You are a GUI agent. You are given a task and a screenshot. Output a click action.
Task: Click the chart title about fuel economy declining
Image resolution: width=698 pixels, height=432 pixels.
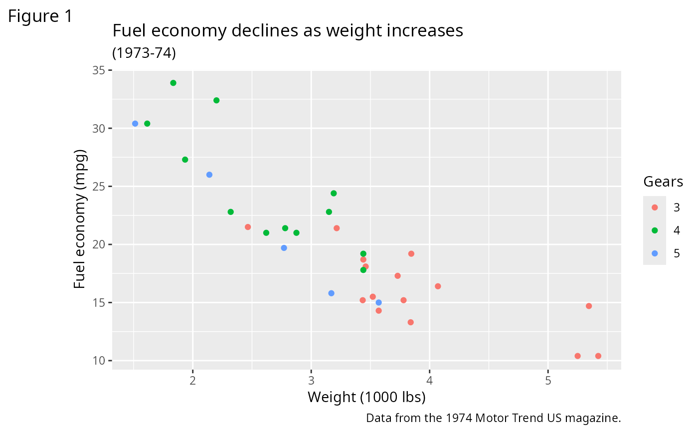pos(288,31)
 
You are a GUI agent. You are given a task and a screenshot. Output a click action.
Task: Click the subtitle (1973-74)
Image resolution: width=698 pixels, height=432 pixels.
pos(144,53)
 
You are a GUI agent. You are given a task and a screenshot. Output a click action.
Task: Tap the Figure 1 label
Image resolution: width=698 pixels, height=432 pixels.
pos(40,16)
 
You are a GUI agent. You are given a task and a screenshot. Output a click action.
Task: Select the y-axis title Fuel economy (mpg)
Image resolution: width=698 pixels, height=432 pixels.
pos(80,219)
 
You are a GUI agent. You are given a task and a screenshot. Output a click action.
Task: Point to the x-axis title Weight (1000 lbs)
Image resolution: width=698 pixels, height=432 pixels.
pos(366,397)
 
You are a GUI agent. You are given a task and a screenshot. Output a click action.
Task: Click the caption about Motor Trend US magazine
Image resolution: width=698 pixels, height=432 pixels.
pos(493,418)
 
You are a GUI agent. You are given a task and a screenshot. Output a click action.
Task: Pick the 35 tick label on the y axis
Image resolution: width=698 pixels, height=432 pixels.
pos(101,70)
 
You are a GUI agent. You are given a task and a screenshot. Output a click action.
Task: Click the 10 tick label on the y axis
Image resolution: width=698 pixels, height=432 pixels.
pos(101,361)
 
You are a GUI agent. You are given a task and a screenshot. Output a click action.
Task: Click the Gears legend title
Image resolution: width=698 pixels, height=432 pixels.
pos(663,182)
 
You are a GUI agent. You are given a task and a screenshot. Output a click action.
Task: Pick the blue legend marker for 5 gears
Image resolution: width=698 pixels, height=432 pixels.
pos(655,253)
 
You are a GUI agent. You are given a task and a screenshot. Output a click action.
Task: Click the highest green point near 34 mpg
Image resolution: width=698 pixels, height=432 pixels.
pos(173,83)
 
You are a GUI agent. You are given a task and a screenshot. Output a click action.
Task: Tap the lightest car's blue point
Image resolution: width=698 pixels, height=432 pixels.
pos(135,124)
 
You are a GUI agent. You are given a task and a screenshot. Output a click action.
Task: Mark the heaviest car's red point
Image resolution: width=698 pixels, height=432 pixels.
pos(598,356)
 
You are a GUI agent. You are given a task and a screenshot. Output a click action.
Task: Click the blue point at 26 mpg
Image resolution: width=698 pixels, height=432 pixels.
pos(209,175)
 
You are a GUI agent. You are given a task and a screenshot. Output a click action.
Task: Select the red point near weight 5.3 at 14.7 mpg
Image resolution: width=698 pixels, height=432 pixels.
pos(589,306)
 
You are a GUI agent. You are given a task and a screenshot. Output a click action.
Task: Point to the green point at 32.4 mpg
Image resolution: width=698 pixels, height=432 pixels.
pos(216,100)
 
